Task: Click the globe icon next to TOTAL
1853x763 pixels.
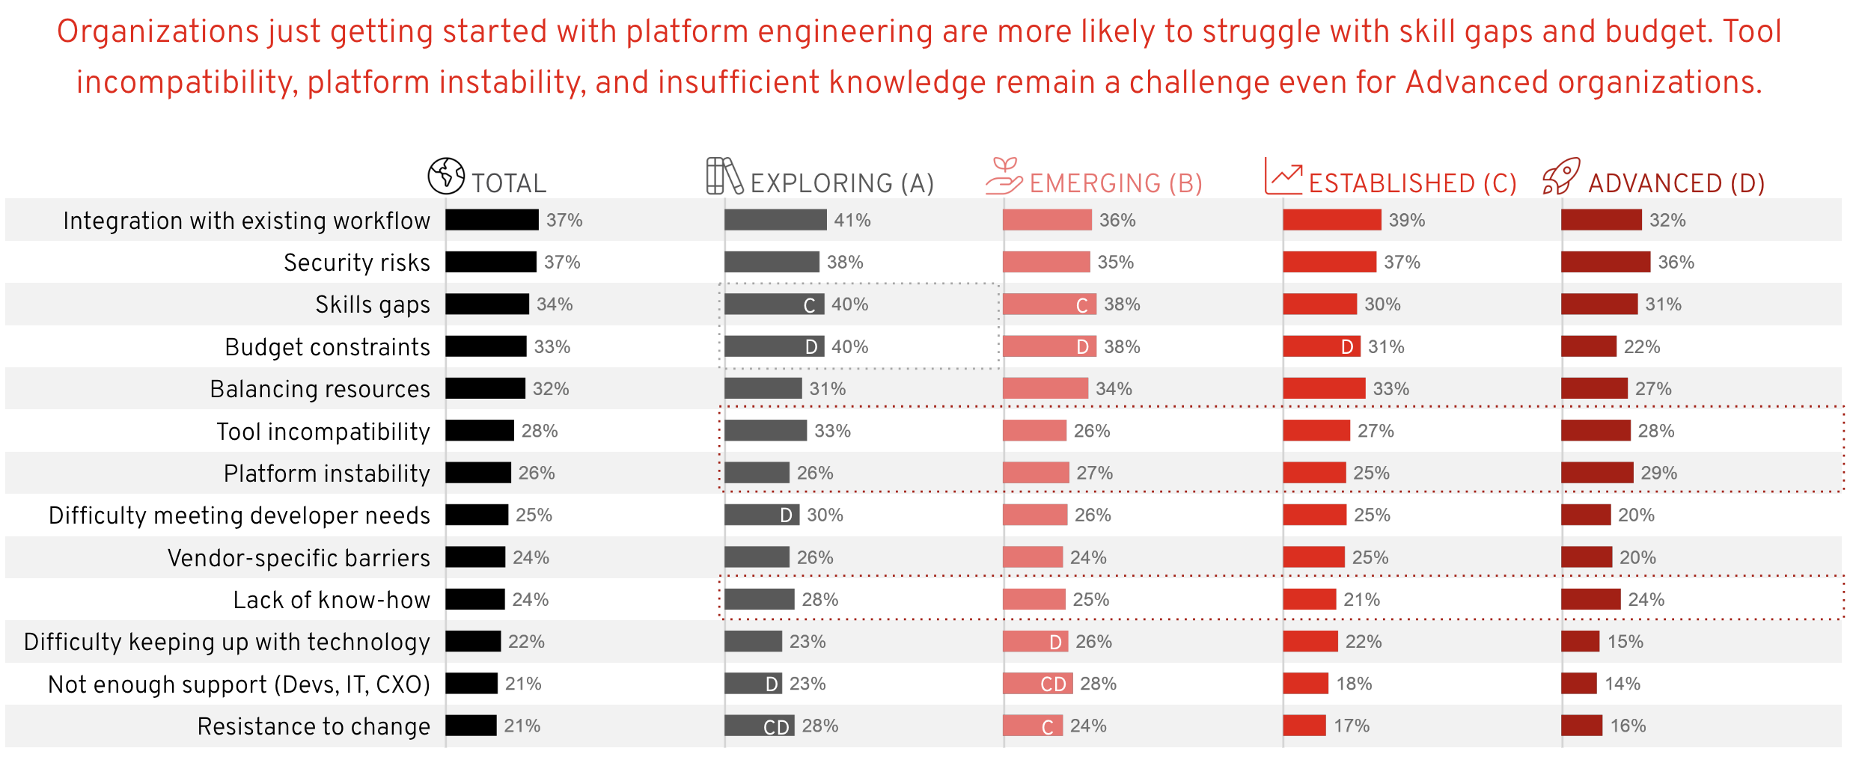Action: pyautogui.click(x=446, y=176)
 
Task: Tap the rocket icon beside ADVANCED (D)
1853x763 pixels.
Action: pyautogui.click(x=1561, y=177)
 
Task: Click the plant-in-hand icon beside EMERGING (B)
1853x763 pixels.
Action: pyautogui.click(x=1004, y=176)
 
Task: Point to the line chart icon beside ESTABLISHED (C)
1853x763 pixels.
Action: pyautogui.click(x=1283, y=177)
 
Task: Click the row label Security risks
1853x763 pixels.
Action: pyautogui.click(x=357, y=263)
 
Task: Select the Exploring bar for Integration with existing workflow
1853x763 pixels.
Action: pyautogui.click(x=775, y=220)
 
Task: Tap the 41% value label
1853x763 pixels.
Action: pyautogui.click(x=852, y=220)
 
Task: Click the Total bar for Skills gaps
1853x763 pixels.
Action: pyautogui.click(x=487, y=304)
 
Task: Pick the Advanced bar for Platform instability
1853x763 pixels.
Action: pyautogui.click(x=1597, y=473)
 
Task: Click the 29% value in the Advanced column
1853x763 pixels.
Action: pyautogui.click(x=1658, y=473)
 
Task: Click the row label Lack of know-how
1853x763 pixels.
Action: pyautogui.click(x=332, y=600)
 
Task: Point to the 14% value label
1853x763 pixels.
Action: pyautogui.click(x=1622, y=684)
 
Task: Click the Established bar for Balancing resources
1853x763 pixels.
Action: pyautogui.click(x=1324, y=388)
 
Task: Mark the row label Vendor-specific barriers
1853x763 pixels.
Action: pyautogui.click(x=299, y=558)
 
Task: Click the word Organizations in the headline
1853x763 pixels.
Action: pyautogui.click(x=157, y=31)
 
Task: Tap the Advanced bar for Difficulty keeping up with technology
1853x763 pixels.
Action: pyautogui.click(x=1581, y=642)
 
